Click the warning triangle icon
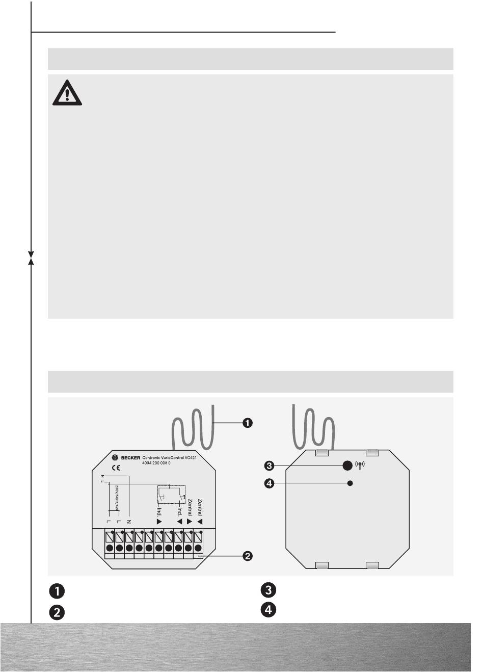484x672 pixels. tap(67, 93)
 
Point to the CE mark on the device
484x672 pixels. tap(116, 468)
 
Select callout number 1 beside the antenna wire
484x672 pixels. tap(247, 423)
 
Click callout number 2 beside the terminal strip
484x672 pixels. tap(247, 555)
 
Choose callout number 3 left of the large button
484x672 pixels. tap(270, 465)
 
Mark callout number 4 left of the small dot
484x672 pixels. tap(270, 484)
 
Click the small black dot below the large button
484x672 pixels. tap(350, 483)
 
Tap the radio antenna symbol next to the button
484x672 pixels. tap(361, 466)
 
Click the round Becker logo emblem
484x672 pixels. tap(114, 458)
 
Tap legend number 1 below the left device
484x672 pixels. tap(57, 591)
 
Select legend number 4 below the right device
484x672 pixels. tap(268, 609)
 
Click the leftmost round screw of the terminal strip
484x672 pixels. tap(110, 548)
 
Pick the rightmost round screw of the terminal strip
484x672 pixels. tap(198, 548)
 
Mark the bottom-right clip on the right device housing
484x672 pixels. tap(373, 564)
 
